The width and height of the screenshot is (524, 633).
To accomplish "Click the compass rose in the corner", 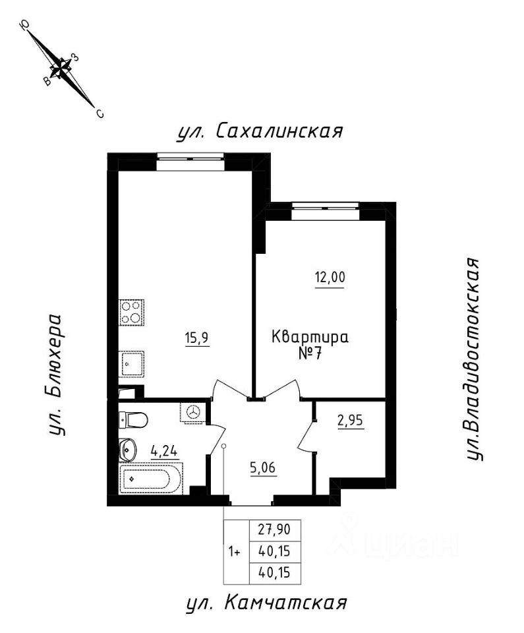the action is click(x=62, y=68).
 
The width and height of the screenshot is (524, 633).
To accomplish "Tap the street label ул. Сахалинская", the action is click(x=260, y=131).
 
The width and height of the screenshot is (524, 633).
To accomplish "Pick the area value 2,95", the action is click(x=351, y=419).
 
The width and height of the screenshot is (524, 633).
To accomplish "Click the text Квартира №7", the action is click(x=310, y=344).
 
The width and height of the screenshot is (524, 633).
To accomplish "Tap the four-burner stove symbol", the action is click(x=132, y=311).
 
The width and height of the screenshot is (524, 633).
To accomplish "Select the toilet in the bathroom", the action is click(x=134, y=419).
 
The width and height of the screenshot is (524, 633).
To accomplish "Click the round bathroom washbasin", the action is click(x=128, y=451).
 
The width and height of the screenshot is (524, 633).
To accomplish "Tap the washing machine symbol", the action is click(x=193, y=411).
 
